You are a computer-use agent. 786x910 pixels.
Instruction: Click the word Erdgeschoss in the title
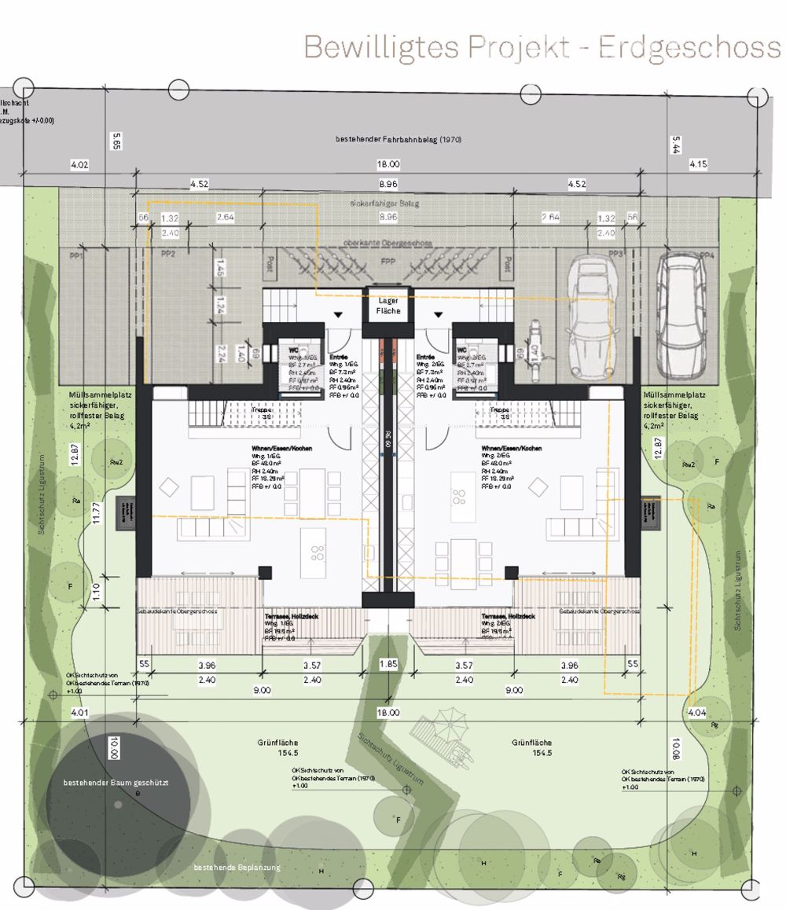click(689, 47)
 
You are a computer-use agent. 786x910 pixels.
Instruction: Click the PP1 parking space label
click(77, 255)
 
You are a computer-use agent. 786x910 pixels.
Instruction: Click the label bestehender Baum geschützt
click(116, 783)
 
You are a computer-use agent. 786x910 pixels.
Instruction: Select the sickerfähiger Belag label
click(388, 204)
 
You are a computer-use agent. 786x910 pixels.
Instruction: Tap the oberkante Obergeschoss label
click(388, 243)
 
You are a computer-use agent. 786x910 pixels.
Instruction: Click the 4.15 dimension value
click(698, 164)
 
